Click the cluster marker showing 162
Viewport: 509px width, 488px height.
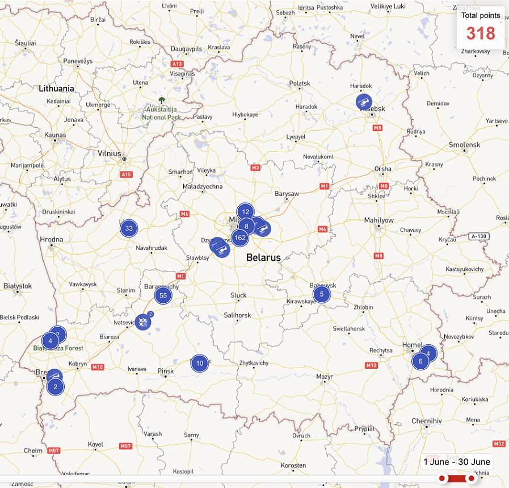(240, 237)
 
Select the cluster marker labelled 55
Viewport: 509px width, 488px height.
(163, 295)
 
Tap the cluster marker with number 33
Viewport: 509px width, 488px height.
(129, 229)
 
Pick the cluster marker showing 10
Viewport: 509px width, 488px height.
(199, 363)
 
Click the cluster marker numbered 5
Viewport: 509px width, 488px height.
(322, 294)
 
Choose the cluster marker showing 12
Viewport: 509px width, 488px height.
(245, 212)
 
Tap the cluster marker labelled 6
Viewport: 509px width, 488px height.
(420, 361)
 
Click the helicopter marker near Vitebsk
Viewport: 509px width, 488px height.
(363, 102)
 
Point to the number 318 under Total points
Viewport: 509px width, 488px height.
(481, 34)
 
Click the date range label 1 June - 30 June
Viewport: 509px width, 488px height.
(457, 462)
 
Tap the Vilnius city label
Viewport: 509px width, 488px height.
(110, 153)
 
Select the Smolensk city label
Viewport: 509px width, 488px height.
(464, 145)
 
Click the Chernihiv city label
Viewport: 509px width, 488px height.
(426, 421)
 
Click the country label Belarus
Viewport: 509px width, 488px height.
(263, 257)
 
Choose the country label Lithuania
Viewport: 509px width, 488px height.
(57, 89)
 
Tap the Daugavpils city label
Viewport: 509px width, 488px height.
(187, 49)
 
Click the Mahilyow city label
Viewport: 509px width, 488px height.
(378, 220)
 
